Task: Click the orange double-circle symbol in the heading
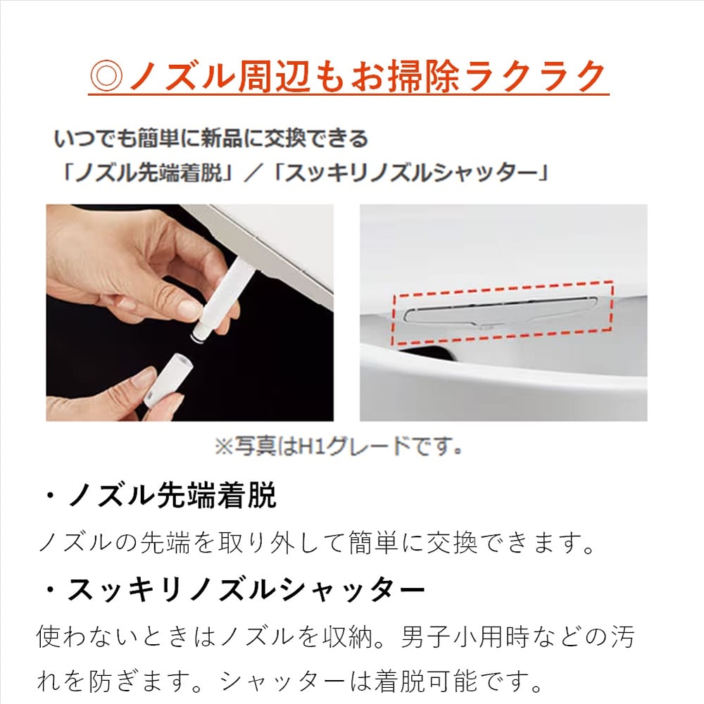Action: tap(106, 75)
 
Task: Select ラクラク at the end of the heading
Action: tap(534, 75)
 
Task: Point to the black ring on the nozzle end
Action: tap(199, 337)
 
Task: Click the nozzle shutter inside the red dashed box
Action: tap(501, 311)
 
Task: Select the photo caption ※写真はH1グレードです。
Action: tap(339, 446)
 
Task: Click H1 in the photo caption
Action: tap(311, 446)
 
